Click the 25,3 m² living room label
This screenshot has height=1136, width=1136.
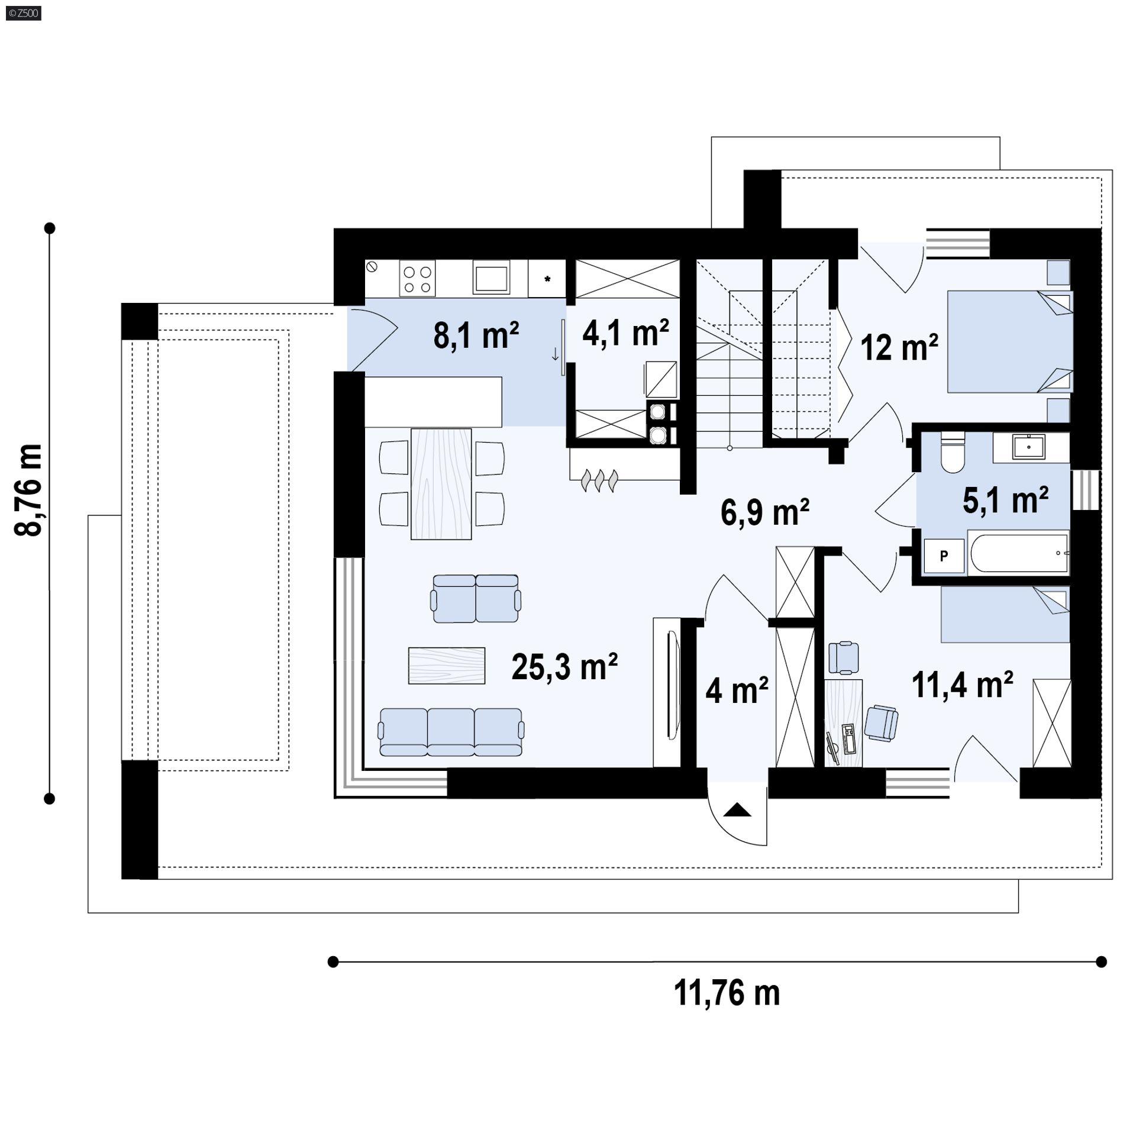564,667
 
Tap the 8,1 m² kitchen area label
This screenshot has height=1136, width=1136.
476,335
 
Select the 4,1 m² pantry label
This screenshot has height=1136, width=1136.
626,333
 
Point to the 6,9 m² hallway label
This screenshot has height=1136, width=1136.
765,512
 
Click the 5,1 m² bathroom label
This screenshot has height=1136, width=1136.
1006,500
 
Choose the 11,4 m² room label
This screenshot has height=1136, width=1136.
963,685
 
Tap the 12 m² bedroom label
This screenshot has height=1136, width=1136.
899,347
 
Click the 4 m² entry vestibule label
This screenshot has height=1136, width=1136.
737,690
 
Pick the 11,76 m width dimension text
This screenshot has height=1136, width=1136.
727,993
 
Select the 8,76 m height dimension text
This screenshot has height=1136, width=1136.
29,490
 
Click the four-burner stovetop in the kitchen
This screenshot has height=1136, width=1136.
417,279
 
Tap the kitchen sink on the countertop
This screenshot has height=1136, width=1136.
491,277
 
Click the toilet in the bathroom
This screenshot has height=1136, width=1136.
953,453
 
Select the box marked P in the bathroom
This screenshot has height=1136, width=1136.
944,556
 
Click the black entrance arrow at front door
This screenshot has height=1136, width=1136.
737,810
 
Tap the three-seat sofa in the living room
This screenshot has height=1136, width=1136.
451,732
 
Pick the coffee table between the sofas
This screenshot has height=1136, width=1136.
447,666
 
